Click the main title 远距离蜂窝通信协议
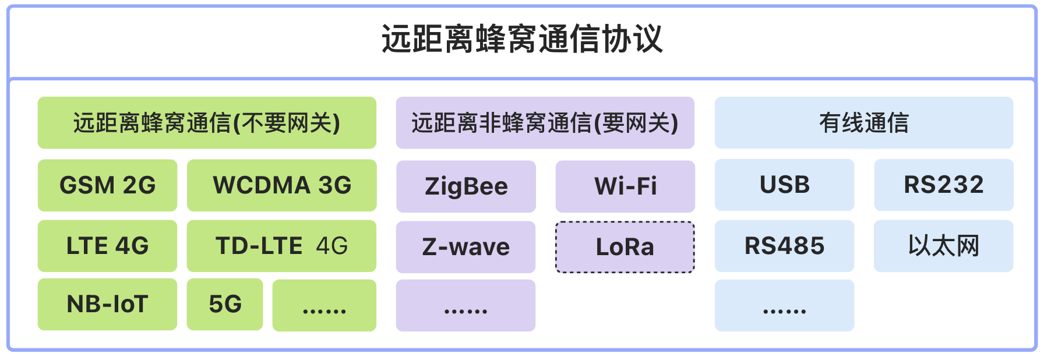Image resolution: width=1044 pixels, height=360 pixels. [x=522, y=39]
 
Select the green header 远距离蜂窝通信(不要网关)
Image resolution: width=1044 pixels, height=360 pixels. [x=207, y=123]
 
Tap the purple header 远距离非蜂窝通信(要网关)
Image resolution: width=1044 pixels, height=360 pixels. [x=545, y=123]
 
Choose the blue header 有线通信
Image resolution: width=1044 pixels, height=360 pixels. [x=864, y=123]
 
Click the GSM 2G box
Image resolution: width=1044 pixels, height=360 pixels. [x=107, y=185]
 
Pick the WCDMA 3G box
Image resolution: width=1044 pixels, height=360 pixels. [x=282, y=185]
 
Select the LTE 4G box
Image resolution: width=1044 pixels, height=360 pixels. [x=107, y=246]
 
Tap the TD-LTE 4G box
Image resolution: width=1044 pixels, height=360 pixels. [x=282, y=246]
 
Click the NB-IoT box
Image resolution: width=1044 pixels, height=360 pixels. [x=107, y=304]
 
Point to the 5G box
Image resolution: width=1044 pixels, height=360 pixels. [x=225, y=304]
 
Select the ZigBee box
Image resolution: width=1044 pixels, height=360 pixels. [x=466, y=186]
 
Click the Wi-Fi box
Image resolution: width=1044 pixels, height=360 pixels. [x=625, y=186]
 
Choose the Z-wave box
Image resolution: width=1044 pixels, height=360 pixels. [x=466, y=247]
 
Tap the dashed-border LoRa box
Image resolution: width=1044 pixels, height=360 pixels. [x=625, y=247]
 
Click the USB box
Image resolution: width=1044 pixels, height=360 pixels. [x=785, y=185]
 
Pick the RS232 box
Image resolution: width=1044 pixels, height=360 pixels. [x=944, y=185]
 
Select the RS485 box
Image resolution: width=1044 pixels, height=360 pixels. [x=785, y=246]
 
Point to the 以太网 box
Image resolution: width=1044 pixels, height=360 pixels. [x=944, y=246]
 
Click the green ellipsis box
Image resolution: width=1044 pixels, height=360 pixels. [x=325, y=305]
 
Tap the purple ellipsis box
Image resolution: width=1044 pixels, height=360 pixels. [x=466, y=305]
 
